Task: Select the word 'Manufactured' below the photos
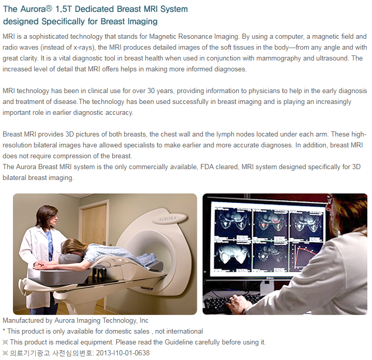[23, 320]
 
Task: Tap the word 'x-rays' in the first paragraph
[76, 48]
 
